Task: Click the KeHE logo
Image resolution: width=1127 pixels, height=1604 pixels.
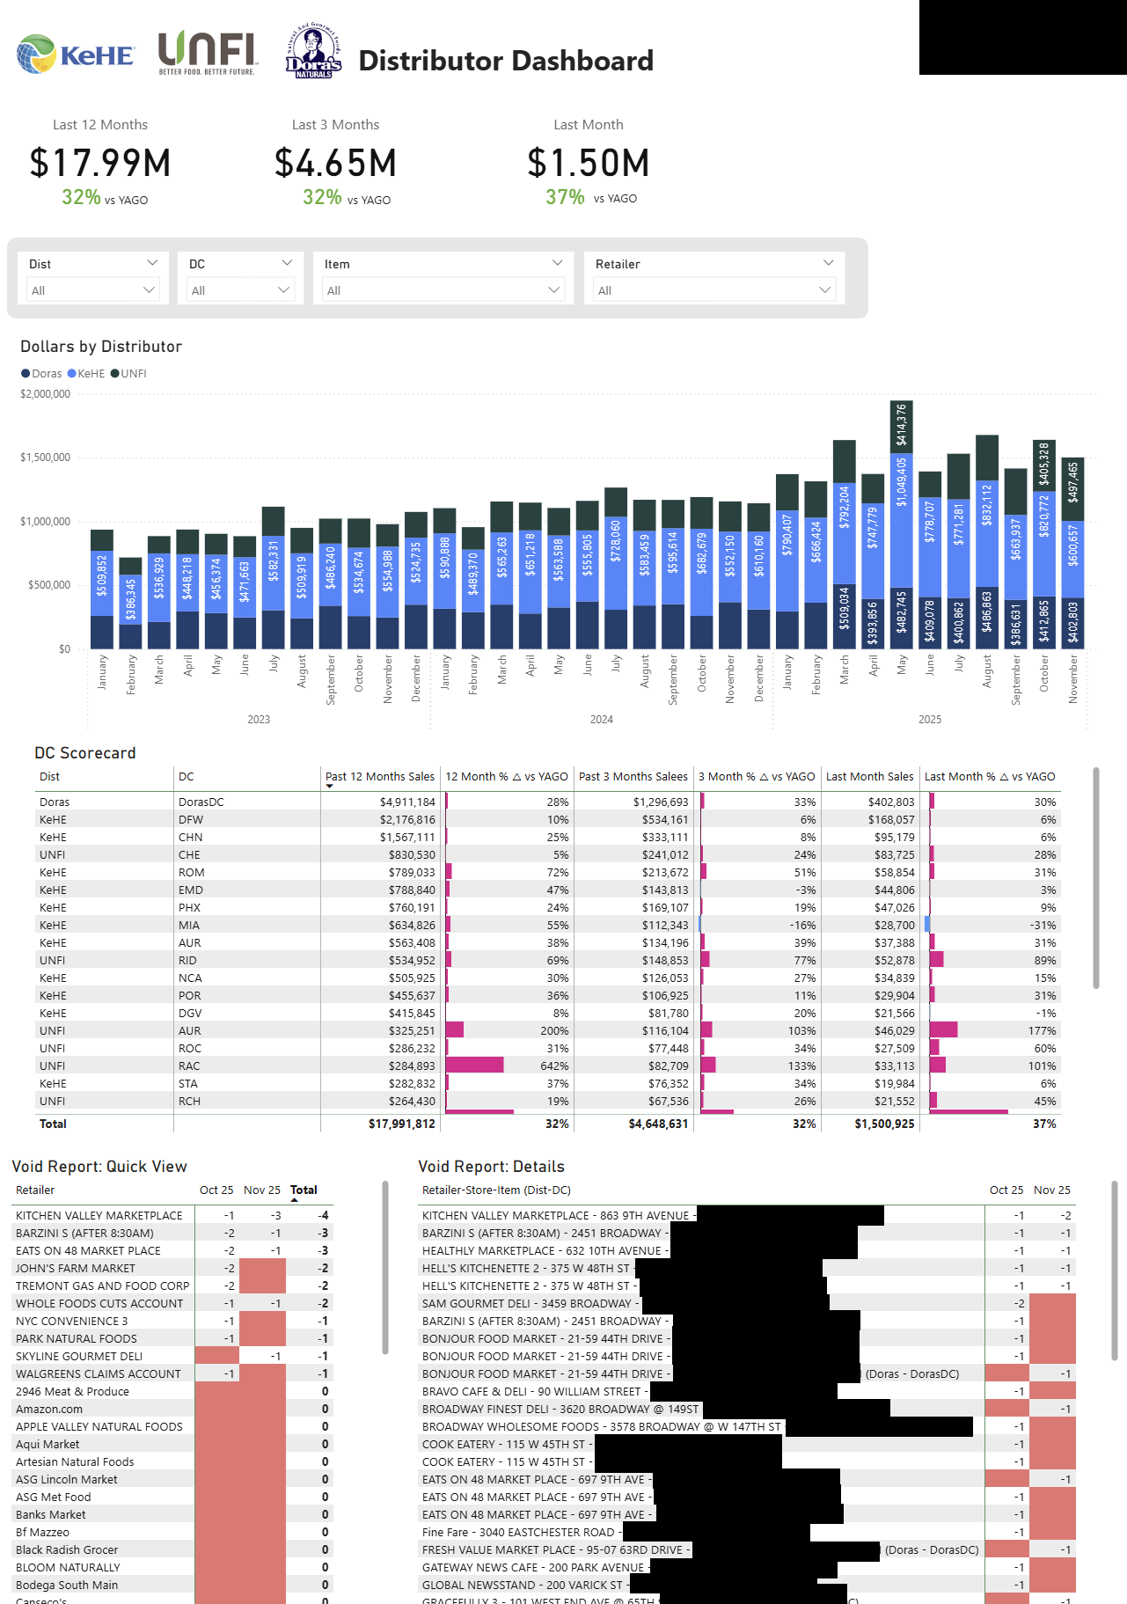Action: [x=76, y=55]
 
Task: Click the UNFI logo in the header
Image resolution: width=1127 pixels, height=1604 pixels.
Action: [x=207, y=53]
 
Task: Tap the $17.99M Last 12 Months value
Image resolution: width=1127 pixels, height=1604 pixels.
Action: [x=100, y=164]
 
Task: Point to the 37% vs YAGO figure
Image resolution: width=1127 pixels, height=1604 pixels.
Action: [x=565, y=197]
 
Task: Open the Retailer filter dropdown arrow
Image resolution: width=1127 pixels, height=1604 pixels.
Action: [x=827, y=263]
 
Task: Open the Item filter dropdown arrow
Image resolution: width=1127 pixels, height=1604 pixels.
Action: [x=557, y=263]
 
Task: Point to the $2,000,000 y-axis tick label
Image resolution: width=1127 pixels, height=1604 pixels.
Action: [x=46, y=394]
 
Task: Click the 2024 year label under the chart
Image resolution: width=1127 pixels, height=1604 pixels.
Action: [x=602, y=720]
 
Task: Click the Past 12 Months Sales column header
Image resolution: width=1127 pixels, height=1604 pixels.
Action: [x=380, y=777]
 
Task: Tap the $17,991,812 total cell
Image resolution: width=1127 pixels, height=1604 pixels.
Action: [x=401, y=1124]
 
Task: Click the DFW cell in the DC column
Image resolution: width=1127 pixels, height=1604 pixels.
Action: [x=190, y=820]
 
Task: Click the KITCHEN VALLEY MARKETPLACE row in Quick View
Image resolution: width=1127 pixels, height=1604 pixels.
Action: [x=99, y=1216]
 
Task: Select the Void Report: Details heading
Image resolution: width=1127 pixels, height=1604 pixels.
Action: [x=491, y=1167]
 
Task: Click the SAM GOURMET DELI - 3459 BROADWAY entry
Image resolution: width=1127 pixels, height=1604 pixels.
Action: [x=528, y=1304]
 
